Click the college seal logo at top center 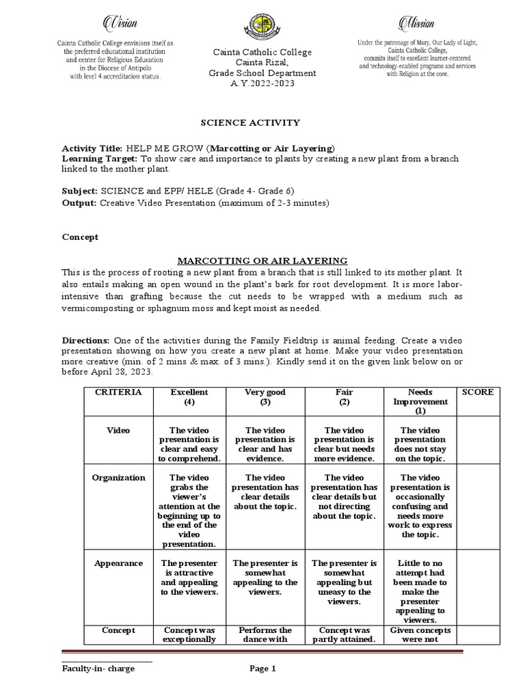coord(262,27)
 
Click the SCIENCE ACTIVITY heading coord(249,122)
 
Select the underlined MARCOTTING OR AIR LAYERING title coord(263,260)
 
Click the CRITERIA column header coord(118,392)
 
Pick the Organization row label coord(118,478)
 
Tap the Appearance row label coord(118,563)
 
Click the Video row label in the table coord(118,431)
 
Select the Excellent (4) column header coord(190,397)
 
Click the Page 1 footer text coord(263,669)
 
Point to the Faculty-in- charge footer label coord(98,669)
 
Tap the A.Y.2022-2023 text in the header coord(263,83)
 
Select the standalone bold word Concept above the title coord(80,237)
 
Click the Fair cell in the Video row coord(344,444)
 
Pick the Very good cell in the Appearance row coord(265,578)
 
